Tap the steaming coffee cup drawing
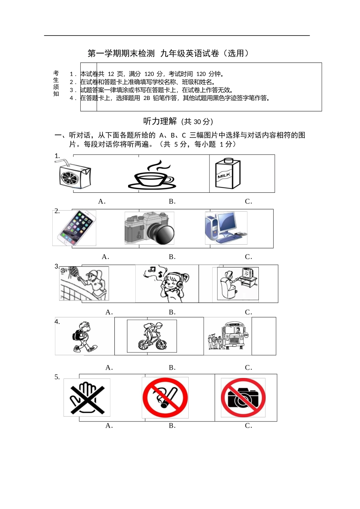point(152,176)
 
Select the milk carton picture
point(227,173)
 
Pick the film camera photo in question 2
point(149,228)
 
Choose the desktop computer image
point(226,228)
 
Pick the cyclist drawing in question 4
point(152,336)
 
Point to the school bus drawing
point(229,336)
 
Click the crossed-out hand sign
point(87,398)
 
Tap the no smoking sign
point(165,398)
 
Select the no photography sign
point(243,398)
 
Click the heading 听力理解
point(160,121)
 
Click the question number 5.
point(57,377)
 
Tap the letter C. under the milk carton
point(248,201)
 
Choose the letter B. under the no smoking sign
point(172,426)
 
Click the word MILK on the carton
point(224,175)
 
